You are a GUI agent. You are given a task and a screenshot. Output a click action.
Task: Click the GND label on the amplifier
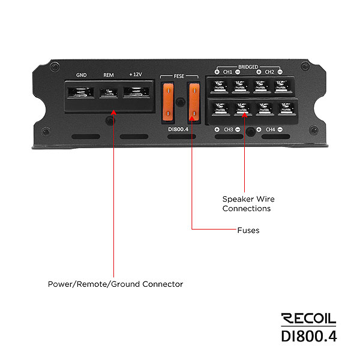[x=81, y=75]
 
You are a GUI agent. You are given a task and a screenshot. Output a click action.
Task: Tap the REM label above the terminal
[x=109, y=75]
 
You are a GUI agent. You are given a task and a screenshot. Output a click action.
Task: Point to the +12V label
[x=136, y=74]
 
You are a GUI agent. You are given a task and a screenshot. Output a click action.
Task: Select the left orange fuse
[x=168, y=102]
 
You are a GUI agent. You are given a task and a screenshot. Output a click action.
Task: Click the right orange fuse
[x=194, y=102]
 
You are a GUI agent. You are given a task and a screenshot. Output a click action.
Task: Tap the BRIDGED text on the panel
[x=248, y=67]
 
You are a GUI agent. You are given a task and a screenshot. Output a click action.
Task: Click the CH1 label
[x=227, y=72]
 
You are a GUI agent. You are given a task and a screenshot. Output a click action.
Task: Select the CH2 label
[x=269, y=72]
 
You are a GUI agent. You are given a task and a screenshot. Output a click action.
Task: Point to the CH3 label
[x=229, y=130]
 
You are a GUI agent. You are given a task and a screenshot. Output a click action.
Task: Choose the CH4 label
[x=270, y=130]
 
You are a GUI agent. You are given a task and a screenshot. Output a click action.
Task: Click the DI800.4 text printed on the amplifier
[x=178, y=130]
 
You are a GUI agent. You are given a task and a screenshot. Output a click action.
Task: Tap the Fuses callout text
[x=248, y=230]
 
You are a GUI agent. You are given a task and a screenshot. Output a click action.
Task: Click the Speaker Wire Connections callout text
[x=248, y=203]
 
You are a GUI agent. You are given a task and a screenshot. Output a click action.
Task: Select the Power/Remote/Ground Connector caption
[x=115, y=284]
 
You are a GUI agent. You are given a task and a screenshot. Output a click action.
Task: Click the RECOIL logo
[x=308, y=319]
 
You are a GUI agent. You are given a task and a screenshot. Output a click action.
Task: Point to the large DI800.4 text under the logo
[x=309, y=336]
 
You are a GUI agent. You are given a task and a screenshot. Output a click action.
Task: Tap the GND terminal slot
[x=81, y=92]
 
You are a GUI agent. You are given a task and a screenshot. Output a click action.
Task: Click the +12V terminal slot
[x=136, y=92]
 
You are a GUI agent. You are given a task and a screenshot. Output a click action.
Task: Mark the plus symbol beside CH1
[x=217, y=72]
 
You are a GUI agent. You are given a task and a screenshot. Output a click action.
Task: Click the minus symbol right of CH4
[x=280, y=130]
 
